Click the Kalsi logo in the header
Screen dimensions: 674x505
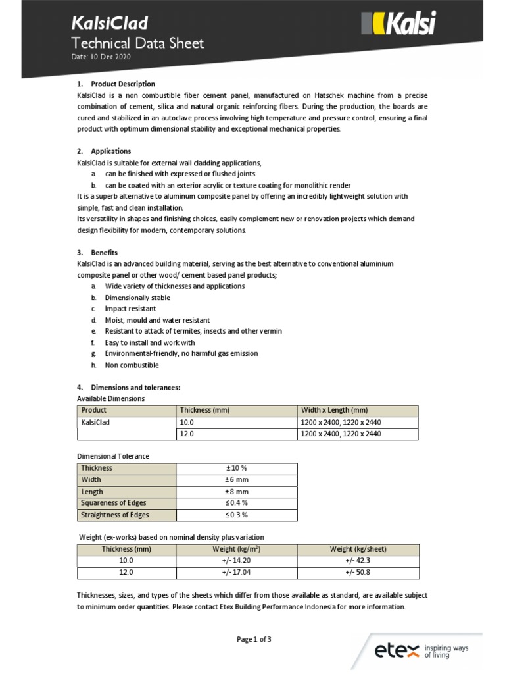click(398, 25)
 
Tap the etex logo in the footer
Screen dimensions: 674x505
click(421, 651)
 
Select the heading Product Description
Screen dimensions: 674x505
click(123, 84)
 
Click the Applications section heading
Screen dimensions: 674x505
click(110, 151)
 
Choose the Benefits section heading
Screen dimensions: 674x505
click(104, 252)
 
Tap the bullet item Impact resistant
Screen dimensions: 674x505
click(130, 309)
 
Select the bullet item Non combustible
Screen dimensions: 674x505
click(132, 365)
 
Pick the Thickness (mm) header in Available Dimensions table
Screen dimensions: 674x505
click(204, 410)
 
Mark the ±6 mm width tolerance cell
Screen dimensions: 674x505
click(237, 480)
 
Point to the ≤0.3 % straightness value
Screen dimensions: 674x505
click(237, 515)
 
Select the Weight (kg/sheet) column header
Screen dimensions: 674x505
click(358, 549)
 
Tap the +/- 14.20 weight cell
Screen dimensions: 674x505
click(237, 561)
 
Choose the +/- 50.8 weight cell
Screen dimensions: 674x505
click(358, 573)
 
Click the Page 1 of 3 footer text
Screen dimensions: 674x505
click(254, 639)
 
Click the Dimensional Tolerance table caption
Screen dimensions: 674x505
click(113, 456)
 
